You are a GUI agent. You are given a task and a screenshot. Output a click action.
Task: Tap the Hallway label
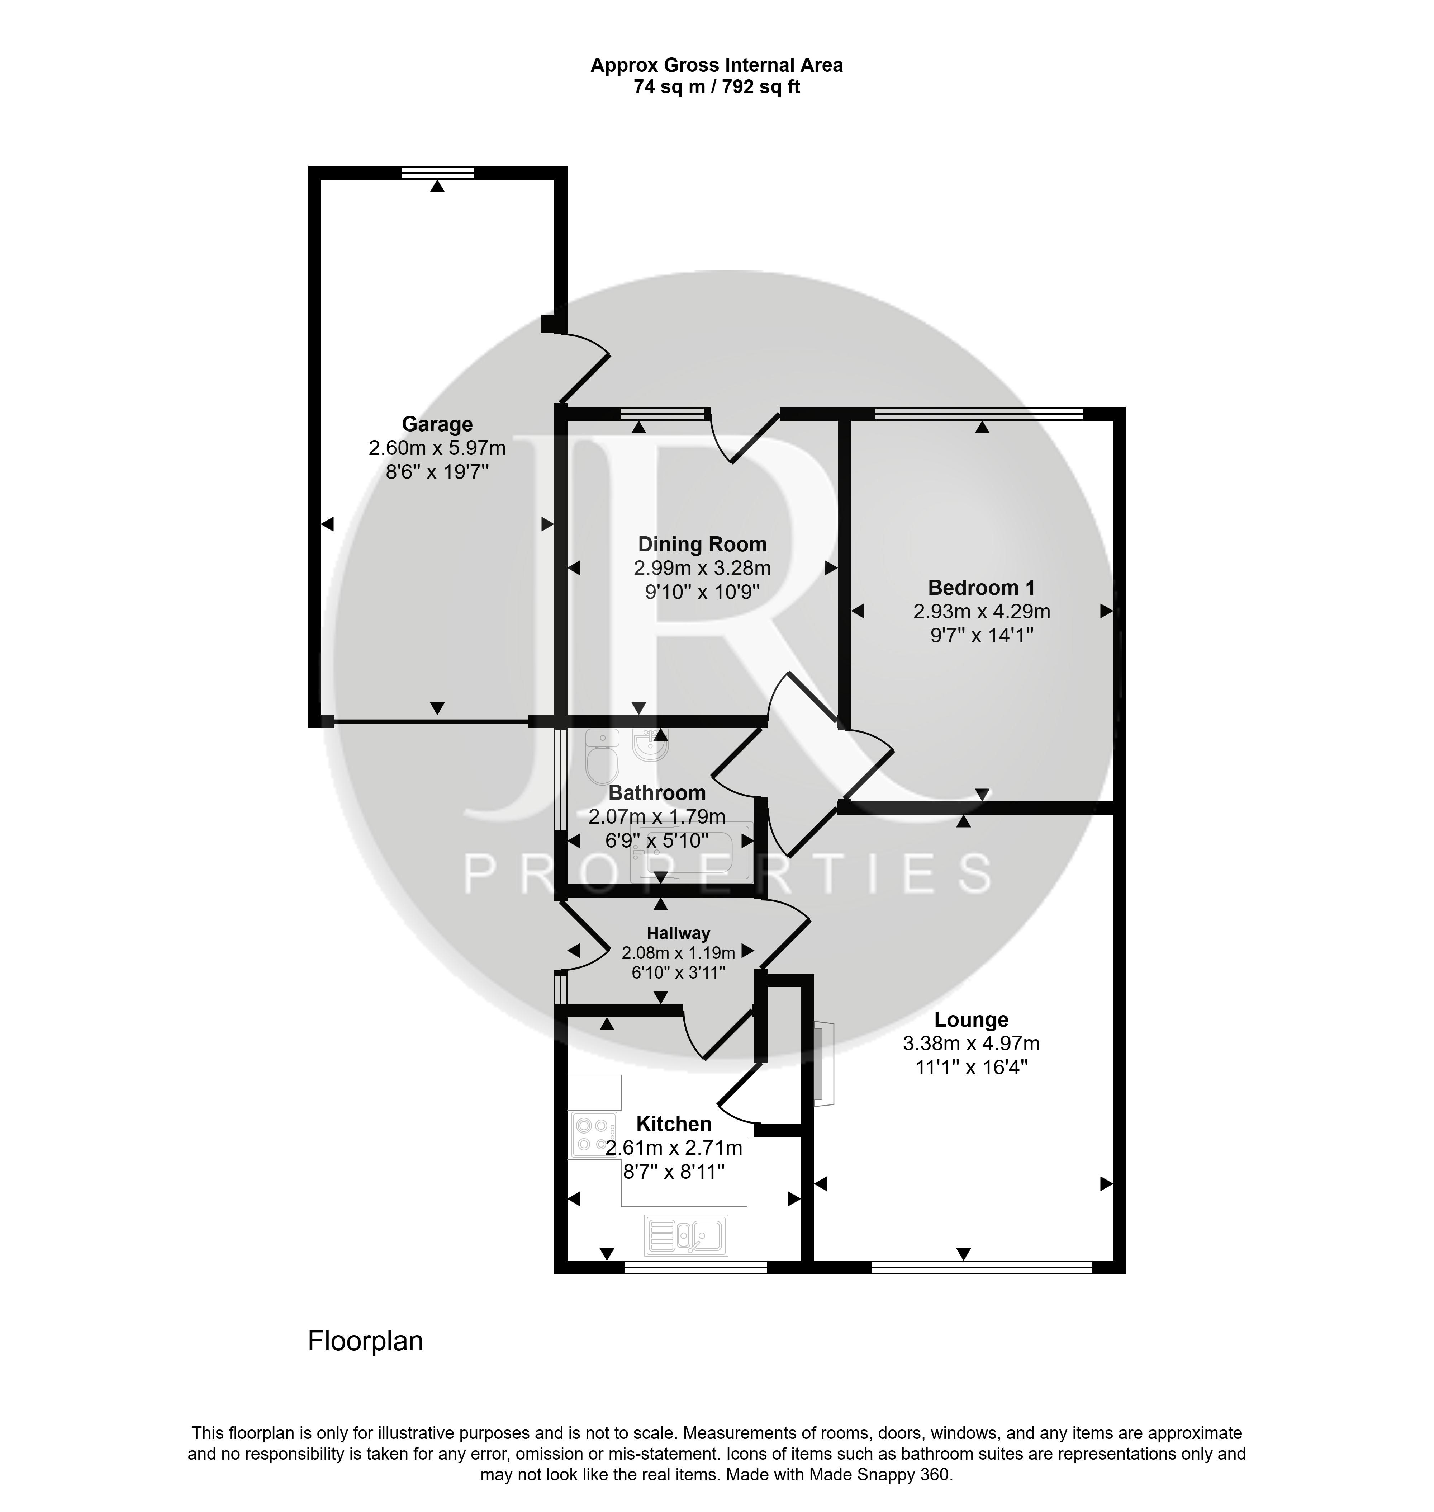678,933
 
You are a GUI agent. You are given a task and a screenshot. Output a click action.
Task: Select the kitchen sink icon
686,1235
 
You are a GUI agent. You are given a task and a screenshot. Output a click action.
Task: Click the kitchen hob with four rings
594,1135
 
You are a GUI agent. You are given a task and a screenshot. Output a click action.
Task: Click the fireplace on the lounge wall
822,1063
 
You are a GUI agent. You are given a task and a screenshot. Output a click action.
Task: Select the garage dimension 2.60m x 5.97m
437,447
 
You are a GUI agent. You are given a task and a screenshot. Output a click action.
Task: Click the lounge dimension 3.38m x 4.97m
971,1043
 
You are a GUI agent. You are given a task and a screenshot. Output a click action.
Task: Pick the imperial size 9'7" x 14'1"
982,636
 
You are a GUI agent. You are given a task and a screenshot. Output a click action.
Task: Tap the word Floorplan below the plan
365,1342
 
